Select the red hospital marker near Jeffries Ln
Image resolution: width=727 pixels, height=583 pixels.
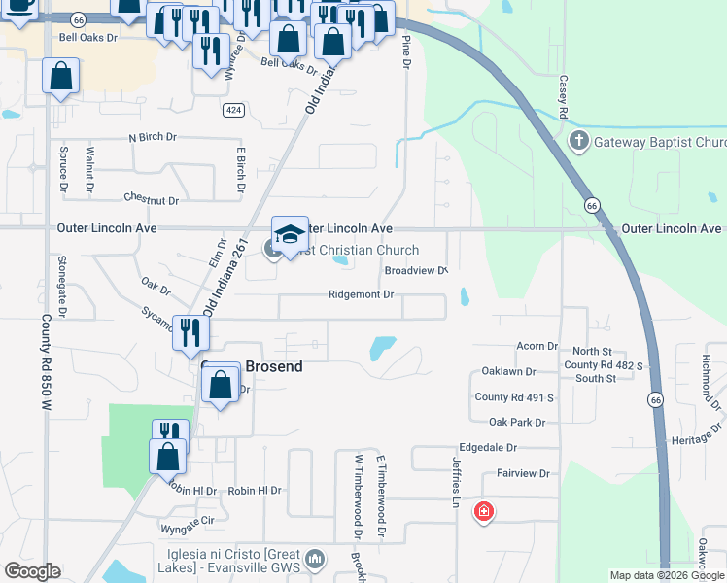(x=482, y=512)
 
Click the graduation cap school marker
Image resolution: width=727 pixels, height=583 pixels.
(x=290, y=235)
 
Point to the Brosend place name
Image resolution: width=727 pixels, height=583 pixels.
(x=273, y=367)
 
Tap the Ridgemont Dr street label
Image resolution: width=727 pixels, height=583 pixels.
(x=361, y=294)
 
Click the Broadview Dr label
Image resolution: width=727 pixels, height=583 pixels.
(x=416, y=271)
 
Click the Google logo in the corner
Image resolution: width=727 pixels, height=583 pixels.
(x=32, y=571)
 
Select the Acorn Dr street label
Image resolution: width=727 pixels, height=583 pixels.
(x=537, y=346)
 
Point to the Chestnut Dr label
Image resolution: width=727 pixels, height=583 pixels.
(x=152, y=200)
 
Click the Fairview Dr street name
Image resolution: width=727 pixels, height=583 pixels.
(x=524, y=474)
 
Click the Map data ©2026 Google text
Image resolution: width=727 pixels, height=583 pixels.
(x=666, y=575)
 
